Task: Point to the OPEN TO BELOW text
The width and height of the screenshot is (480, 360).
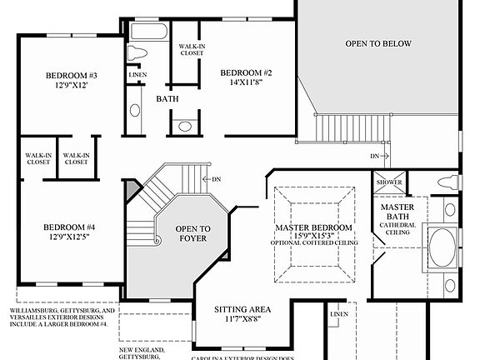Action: pyautogui.click(x=379, y=43)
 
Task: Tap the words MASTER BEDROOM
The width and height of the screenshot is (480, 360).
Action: pyautogui.click(x=313, y=227)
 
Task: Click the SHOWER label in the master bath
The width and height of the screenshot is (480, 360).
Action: pyautogui.click(x=390, y=182)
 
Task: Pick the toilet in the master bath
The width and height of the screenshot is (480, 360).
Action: pyautogui.click(x=448, y=182)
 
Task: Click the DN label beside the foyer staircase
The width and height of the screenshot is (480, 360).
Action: pyautogui.click(x=216, y=179)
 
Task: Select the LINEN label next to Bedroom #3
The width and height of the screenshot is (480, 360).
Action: pyautogui.click(x=137, y=76)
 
